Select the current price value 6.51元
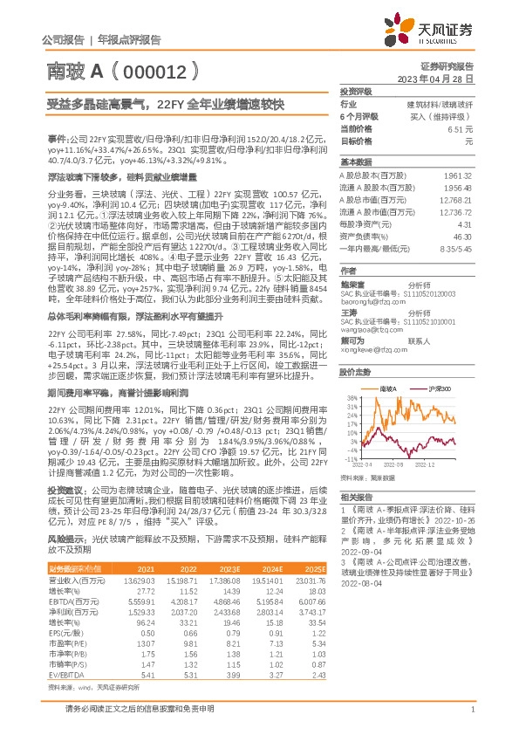tap(461, 128)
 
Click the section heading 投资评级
tap(356, 91)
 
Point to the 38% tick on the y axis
tap(352, 397)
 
